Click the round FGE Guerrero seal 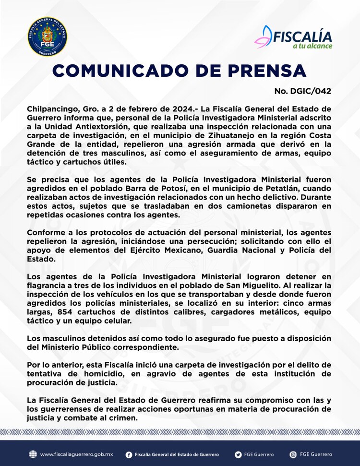pyautogui.click(x=48, y=37)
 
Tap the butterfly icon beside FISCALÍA pyautogui.click(x=263, y=36)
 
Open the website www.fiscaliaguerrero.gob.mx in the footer pyautogui.click(x=76, y=454)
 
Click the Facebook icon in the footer pyautogui.click(x=129, y=454)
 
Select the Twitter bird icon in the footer pyautogui.click(x=239, y=454)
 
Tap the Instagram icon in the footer pyautogui.click(x=293, y=454)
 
